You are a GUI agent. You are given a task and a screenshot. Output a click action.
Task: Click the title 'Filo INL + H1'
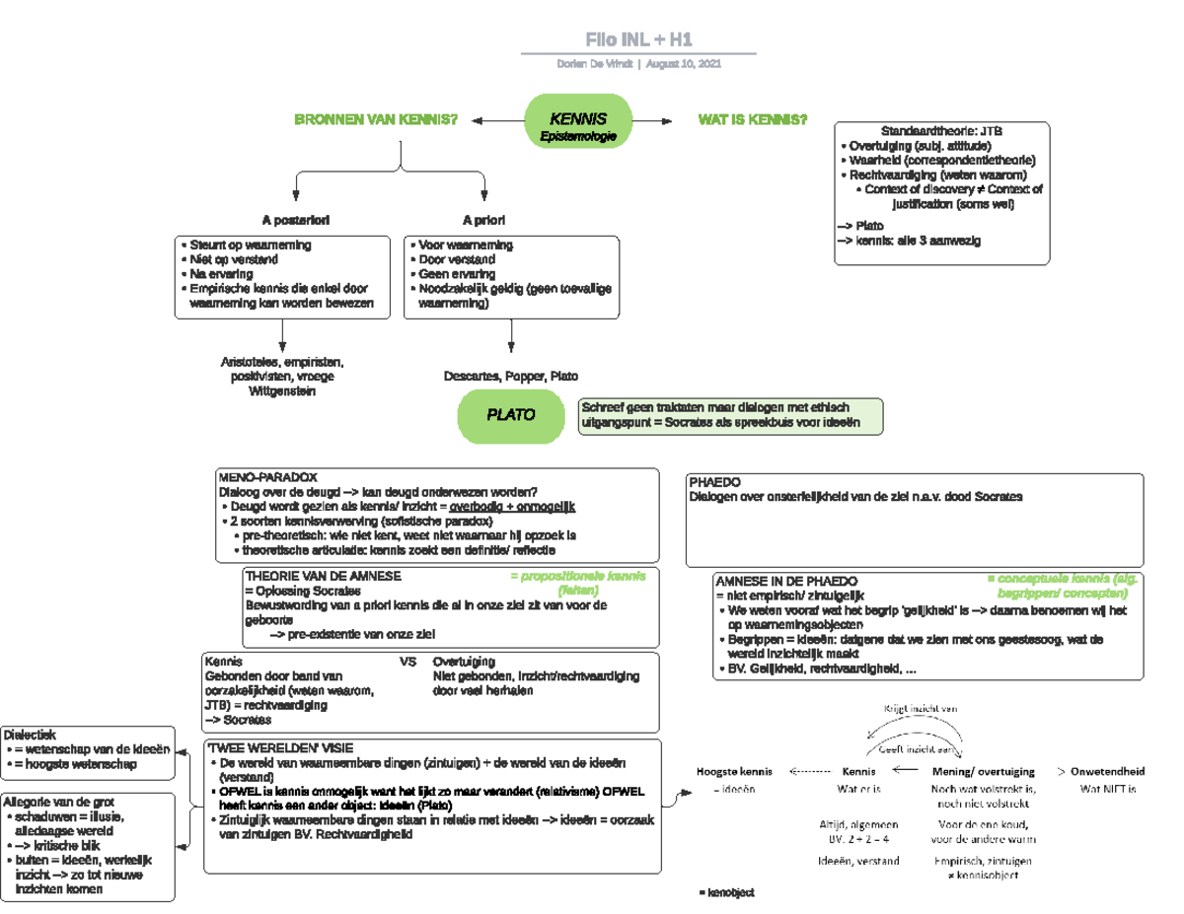pos(638,39)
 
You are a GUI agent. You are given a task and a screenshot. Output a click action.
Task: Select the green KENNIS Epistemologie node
pos(577,122)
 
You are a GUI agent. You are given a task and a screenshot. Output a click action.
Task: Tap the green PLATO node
pos(511,415)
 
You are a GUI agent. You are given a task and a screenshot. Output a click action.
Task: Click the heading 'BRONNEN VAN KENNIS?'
pos(376,120)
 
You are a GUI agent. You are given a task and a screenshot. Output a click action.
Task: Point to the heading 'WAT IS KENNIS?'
pos(752,120)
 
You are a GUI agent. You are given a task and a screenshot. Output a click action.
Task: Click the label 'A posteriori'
pos(296,219)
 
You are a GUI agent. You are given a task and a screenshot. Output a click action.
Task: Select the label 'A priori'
pos(483,219)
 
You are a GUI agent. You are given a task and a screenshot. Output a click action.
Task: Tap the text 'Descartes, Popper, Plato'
pos(511,377)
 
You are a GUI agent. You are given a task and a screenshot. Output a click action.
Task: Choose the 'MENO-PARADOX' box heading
pos(267,476)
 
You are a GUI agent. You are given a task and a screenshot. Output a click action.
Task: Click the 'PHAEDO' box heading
pos(715,482)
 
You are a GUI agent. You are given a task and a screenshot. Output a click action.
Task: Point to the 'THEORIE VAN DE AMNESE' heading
pos(322,576)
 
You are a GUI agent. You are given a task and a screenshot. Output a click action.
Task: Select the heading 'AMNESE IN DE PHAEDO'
pos(786,582)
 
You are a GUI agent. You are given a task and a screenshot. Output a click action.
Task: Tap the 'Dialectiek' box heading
pos(31,735)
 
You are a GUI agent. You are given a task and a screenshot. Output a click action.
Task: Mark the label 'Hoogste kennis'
pos(734,771)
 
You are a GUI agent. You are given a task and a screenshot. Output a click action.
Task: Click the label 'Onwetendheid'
pos(1107,771)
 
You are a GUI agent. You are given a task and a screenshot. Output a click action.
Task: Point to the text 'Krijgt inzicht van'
pos(920,708)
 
